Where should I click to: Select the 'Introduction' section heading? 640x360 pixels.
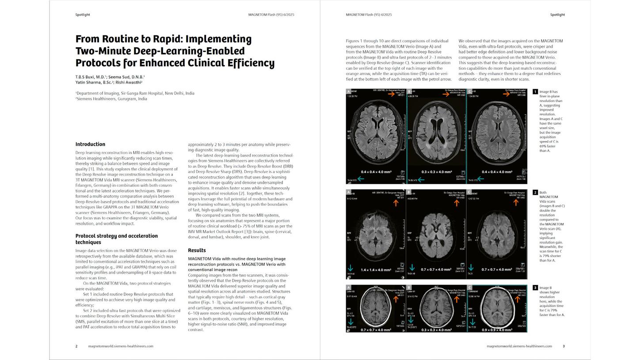(x=90, y=144)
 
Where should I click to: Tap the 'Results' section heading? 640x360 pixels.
(x=197, y=250)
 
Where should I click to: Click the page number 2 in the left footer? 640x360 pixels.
(x=76, y=346)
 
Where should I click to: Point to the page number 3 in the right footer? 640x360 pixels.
(x=564, y=346)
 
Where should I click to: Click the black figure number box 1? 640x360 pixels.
(x=535, y=92)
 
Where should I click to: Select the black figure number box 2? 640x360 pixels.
(x=535, y=193)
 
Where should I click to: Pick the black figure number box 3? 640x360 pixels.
(x=535, y=288)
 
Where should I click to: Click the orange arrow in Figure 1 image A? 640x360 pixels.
(x=391, y=94)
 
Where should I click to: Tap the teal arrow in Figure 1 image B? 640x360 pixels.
(x=421, y=179)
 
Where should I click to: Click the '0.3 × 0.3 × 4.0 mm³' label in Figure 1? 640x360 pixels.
(x=437, y=172)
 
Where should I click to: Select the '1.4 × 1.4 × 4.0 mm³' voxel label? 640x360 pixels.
(x=376, y=270)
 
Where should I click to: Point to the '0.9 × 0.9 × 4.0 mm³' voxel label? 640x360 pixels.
(x=496, y=330)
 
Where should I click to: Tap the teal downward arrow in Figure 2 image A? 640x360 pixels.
(x=350, y=268)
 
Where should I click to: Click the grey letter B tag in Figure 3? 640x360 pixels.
(x=409, y=288)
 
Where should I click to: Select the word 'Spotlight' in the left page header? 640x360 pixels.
(x=83, y=15)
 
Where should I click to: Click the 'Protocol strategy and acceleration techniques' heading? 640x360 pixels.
(x=116, y=239)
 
